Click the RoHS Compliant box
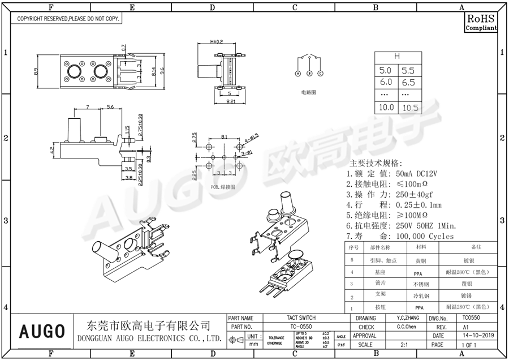click(481, 22)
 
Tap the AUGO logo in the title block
click(41, 331)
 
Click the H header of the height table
click(396, 57)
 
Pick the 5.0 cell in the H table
click(385, 71)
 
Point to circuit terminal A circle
click(298, 74)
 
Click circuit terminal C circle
click(320, 74)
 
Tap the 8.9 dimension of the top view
click(36, 72)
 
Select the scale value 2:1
click(405, 344)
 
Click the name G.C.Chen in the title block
click(406, 327)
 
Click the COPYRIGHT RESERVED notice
click(68, 19)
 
